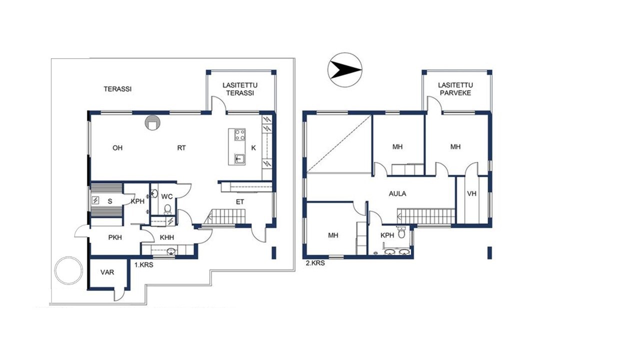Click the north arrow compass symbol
pyautogui.click(x=345, y=70)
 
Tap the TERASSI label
pyautogui.click(x=117, y=89)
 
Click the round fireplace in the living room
pyautogui.click(x=152, y=123)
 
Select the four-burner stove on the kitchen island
pyautogui.click(x=239, y=135)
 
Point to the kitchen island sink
pyautogui.click(x=239, y=159)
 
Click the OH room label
pyautogui.click(x=117, y=147)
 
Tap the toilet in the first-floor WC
pyautogui.click(x=167, y=209)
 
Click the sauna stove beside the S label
pyautogui.click(x=95, y=200)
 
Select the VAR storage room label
pyautogui.click(x=107, y=272)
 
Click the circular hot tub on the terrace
pyautogui.click(x=68, y=270)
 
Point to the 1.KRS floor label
pyautogui.click(x=143, y=265)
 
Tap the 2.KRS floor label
pyautogui.click(x=315, y=263)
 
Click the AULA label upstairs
pyautogui.click(x=397, y=193)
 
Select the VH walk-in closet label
pyautogui.click(x=471, y=193)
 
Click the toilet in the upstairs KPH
pyautogui.click(x=401, y=232)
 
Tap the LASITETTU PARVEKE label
pyautogui.click(x=455, y=89)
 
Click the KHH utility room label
pyautogui.click(x=167, y=237)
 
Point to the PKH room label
pyautogui.click(x=115, y=237)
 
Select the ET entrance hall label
pyautogui.click(x=240, y=202)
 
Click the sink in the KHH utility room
pyautogui.click(x=171, y=251)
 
